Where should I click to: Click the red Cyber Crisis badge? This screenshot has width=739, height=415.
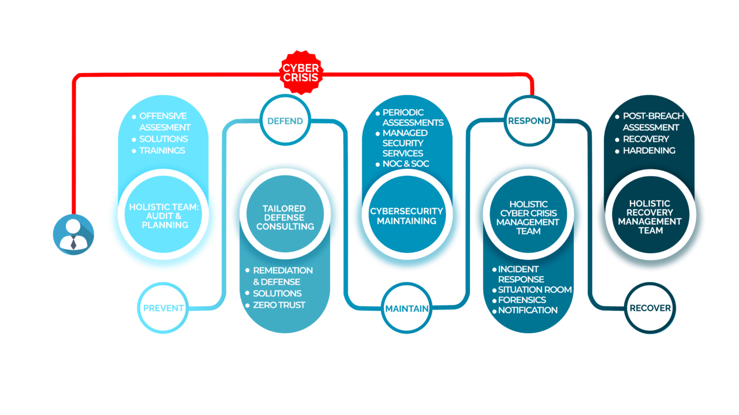[301, 73]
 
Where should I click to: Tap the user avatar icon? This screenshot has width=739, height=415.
[73, 235]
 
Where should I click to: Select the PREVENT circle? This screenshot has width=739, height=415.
[163, 308]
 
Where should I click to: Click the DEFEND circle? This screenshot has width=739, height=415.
[285, 121]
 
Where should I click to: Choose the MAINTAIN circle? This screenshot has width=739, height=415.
[406, 308]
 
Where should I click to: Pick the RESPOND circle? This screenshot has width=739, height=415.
[529, 121]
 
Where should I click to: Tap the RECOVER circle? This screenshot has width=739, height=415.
[650, 308]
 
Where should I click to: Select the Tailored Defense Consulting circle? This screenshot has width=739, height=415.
[285, 217]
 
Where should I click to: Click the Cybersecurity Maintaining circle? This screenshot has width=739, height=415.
[406, 216]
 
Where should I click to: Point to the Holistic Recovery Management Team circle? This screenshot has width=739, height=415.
[650, 216]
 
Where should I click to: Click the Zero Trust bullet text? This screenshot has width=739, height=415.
[279, 305]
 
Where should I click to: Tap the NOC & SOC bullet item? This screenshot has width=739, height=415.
[405, 164]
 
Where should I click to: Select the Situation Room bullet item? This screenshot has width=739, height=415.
[534, 289]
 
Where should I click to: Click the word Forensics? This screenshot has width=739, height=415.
[521, 300]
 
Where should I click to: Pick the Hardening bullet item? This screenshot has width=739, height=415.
[648, 150]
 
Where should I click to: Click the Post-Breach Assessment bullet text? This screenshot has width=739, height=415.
[652, 122]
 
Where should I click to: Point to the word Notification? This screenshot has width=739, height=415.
[527, 310]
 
